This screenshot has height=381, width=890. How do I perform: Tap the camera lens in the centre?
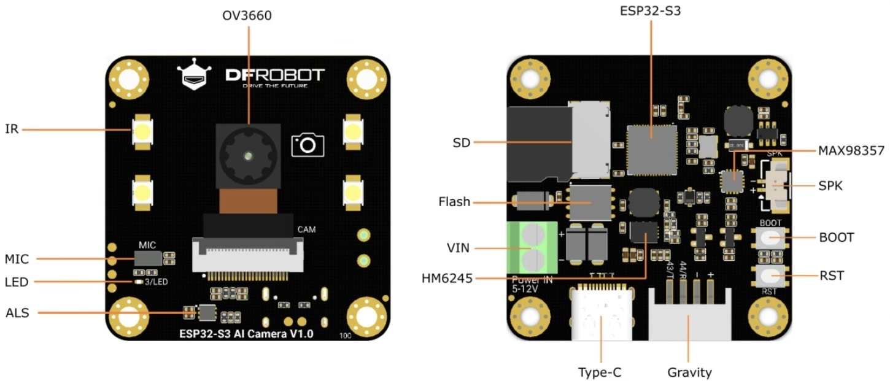pyautogui.click(x=248, y=156)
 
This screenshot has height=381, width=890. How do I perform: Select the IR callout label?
pyautogui.click(x=11, y=129)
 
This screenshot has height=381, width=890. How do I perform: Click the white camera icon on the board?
pyautogui.click(x=308, y=145)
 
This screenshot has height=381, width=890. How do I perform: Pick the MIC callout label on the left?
pyautogui.click(x=17, y=260)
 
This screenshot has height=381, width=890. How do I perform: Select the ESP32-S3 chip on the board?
pyautogui.click(x=652, y=150)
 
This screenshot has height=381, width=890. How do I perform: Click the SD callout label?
pyautogui.click(x=461, y=143)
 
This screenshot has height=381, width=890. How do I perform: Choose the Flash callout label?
pyautogui.click(x=454, y=202)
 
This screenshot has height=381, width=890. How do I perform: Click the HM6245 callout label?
pyautogui.click(x=447, y=279)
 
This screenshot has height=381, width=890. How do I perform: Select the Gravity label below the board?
pyautogui.click(x=689, y=372)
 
